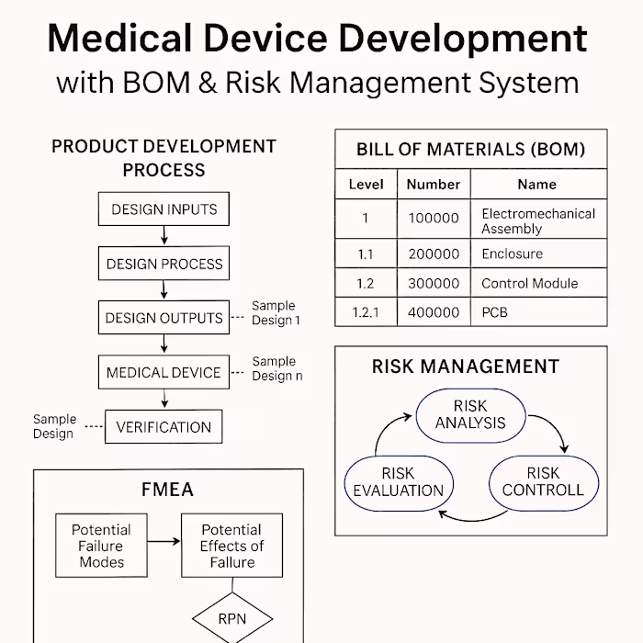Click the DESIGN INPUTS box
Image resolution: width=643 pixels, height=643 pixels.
click(164, 209)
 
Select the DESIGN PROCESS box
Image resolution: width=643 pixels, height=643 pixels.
click(164, 264)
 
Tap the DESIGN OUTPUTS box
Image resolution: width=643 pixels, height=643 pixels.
click(164, 318)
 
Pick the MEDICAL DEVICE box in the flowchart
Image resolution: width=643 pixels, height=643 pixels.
click(164, 372)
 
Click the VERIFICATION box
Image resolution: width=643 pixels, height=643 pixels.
click(164, 427)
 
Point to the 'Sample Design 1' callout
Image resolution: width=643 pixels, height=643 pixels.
click(275, 313)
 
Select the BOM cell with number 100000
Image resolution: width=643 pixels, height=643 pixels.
click(433, 219)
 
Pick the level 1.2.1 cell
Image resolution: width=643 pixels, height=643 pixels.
click(366, 312)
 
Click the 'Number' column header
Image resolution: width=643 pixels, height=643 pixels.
click(433, 184)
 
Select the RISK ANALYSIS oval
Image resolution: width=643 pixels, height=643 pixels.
click(470, 414)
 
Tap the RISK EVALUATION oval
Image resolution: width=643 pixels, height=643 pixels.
click(398, 481)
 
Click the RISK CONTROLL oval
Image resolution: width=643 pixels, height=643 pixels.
click(542, 481)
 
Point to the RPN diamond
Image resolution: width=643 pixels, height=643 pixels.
click(231, 618)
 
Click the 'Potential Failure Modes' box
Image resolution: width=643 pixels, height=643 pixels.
click(101, 546)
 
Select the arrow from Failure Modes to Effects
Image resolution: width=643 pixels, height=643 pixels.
click(164, 541)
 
